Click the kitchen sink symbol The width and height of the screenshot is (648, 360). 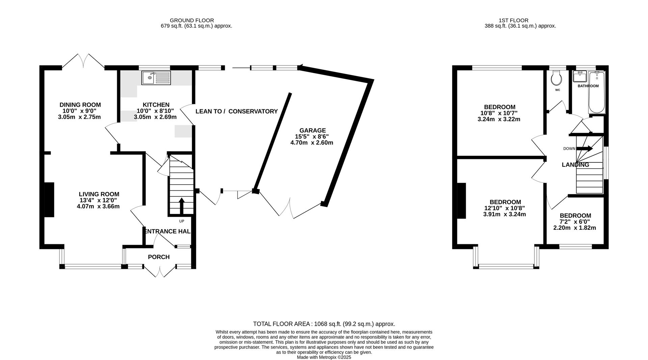tap(156, 78)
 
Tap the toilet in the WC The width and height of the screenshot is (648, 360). tap(556, 78)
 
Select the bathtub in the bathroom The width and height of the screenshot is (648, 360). tap(597, 93)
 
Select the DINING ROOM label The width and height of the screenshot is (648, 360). tap(80, 105)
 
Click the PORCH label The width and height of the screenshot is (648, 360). tap(159, 257)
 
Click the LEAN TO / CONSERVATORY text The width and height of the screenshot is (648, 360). tap(236, 111)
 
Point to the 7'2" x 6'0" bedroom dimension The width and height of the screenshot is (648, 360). tap(575, 222)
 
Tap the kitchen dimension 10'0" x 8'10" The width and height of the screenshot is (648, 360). tap(155, 111)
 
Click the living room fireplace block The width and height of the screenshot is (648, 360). tap(49, 199)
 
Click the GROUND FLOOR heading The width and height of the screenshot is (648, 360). tap(192, 21)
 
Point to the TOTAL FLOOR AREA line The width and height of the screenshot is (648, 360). tap(324, 324)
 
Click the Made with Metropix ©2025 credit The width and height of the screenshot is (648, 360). tap(324, 357)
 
